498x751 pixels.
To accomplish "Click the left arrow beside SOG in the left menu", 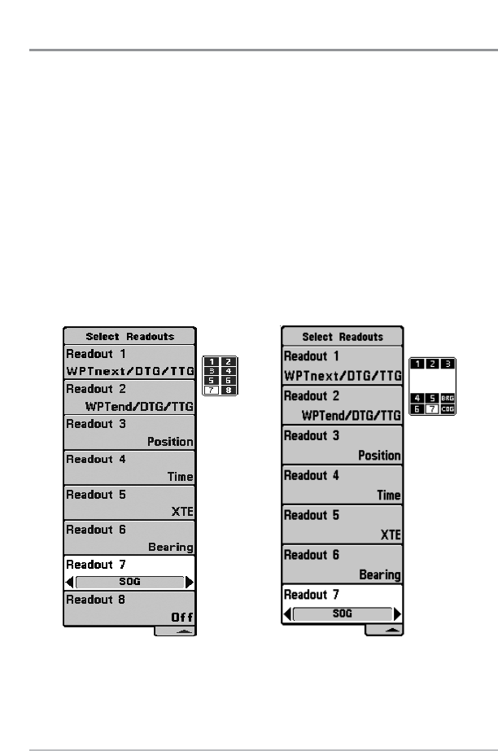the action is point(69,582).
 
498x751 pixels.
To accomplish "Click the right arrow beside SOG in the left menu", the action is point(190,582).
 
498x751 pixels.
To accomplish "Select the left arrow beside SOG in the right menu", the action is point(287,613).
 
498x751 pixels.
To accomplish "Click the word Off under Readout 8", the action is point(182,618).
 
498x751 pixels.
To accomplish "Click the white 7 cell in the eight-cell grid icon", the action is point(210,389).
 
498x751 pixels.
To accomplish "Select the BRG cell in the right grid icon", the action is point(447,398).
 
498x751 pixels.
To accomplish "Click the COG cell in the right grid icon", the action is point(447,408).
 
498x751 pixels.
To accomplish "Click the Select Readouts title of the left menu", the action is point(130,336).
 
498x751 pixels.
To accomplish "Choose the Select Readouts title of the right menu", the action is point(342,336).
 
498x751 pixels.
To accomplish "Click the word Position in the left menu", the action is point(170,443).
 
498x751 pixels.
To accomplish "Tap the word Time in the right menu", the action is point(389,495).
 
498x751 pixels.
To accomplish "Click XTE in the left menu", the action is point(182,513).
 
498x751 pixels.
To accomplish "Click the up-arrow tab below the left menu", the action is point(175,631).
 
